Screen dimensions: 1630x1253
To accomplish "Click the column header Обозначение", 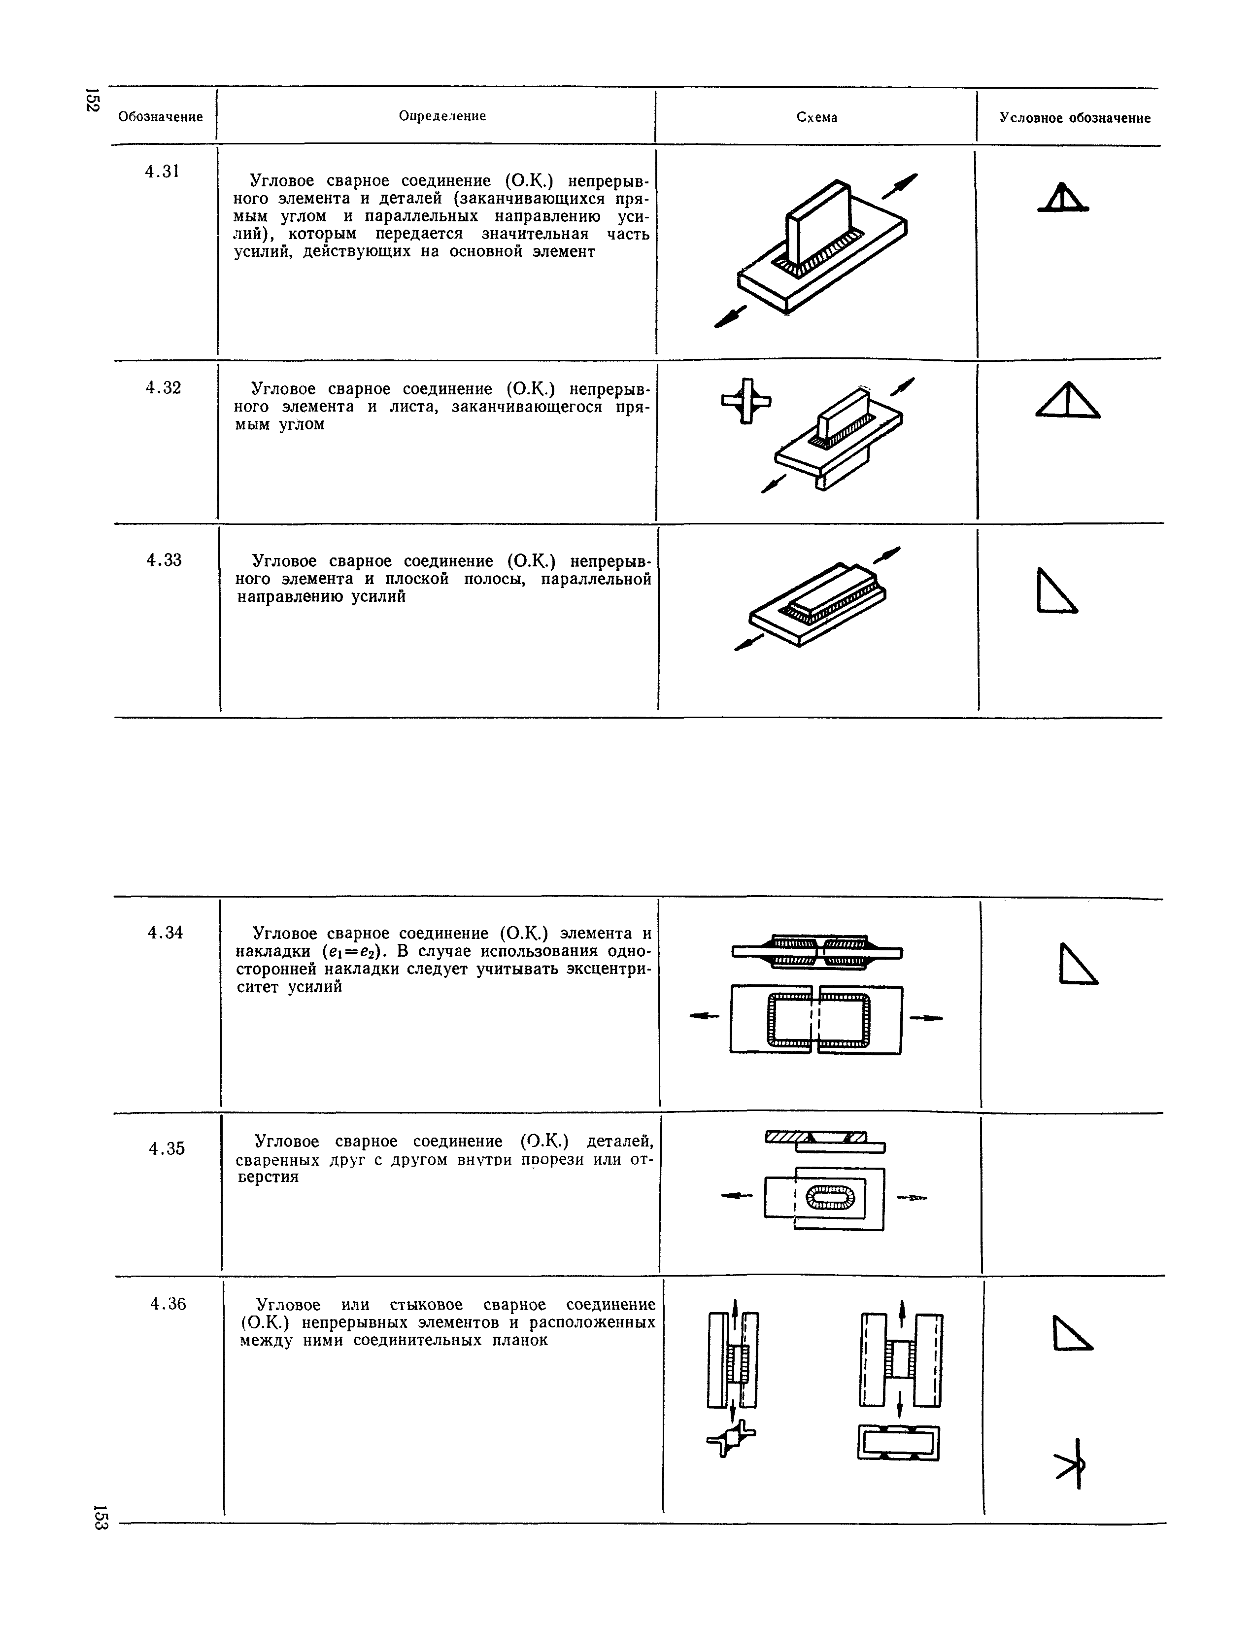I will point(160,117).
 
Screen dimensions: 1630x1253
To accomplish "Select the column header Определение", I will point(442,116).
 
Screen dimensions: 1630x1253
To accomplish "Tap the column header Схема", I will point(816,118).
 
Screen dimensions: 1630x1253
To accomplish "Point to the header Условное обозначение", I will point(1075,118).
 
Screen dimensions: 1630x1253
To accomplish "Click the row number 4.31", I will point(162,172).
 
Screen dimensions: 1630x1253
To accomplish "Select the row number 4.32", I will point(163,388).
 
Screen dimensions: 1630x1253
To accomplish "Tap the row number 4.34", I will point(166,933).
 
